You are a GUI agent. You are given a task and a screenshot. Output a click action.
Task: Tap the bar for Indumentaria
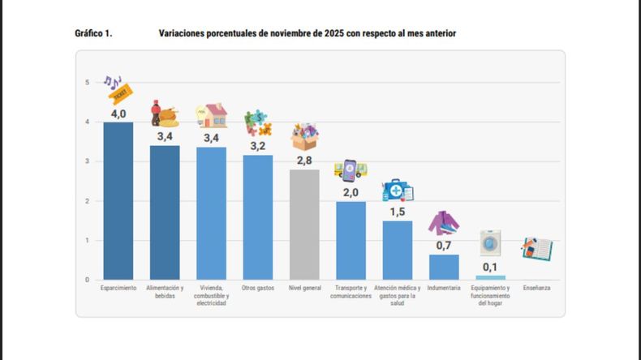(444, 268)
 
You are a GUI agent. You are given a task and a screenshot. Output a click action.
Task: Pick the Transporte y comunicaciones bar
(351, 241)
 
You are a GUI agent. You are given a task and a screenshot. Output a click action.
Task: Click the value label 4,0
(118, 114)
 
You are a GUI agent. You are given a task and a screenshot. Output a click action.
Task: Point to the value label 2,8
(304, 161)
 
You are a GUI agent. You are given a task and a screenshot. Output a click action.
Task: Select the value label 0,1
(490, 267)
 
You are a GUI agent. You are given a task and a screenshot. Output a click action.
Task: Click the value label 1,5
(398, 212)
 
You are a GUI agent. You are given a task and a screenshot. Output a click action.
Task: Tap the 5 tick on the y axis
(88, 83)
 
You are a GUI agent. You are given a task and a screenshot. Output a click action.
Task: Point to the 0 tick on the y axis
(88, 280)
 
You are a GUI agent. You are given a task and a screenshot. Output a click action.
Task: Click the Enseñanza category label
(536, 288)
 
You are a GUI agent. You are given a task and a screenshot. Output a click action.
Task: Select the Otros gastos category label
(258, 288)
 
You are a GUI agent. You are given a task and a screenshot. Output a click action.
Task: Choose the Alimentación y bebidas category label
(165, 292)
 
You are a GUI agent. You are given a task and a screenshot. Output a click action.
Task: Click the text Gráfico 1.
(93, 33)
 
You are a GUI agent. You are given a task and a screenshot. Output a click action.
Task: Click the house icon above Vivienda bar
(212, 116)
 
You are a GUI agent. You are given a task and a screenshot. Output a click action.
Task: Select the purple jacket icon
(444, 223)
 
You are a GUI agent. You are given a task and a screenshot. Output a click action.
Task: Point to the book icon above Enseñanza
(536, 248)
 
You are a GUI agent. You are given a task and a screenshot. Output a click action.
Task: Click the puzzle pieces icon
(257, 123)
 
